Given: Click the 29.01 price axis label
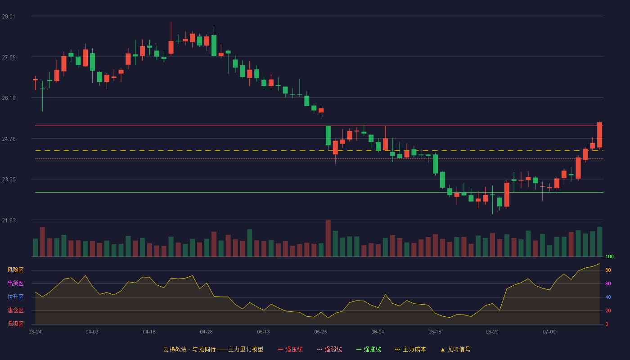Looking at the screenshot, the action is coord(9,17).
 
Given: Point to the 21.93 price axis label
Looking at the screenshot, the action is coord(9,220).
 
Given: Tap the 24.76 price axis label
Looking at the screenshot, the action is coord(9,139).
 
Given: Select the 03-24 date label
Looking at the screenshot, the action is coord(35,332).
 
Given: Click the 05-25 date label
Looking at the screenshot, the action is coord(320,332).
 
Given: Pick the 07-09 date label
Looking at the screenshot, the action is coord(549,332).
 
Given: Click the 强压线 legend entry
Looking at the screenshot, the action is coord(290,349).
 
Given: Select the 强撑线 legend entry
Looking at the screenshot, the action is coord(369,349).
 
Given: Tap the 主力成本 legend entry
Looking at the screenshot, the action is coord(410,349).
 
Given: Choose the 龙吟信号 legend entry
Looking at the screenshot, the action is coord(455,349).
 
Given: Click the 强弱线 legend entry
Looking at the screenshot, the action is coord(329,349).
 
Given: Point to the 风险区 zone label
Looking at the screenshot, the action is coord(15,270).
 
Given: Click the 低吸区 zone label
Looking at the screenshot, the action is coord(15,324).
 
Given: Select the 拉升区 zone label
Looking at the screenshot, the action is coord(15,297).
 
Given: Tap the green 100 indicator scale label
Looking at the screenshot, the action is coord(609,256).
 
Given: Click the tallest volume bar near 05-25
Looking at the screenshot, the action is coord(328,238).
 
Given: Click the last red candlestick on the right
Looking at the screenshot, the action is coord(599,135).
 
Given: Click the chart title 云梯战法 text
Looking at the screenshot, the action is coord(175,349).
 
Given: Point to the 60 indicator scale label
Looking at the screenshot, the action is coord(608,283).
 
